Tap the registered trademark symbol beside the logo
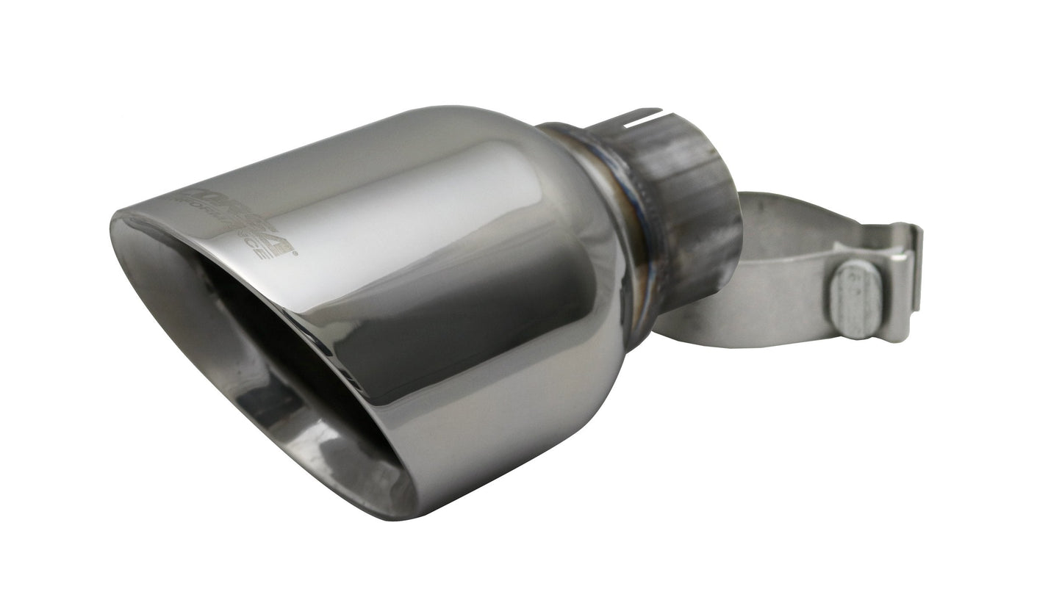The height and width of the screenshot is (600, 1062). (x=295, y=253)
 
